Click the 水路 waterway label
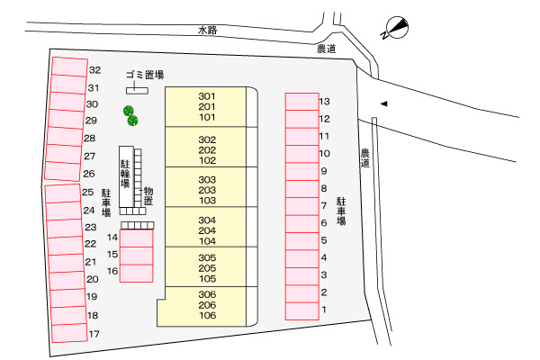210,30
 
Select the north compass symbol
394,29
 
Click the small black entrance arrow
383,103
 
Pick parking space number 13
302,101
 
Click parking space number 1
302,310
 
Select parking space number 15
136,255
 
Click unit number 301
207,95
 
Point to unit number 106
207,316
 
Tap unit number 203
207,191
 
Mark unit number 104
207,241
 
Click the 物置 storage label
148,196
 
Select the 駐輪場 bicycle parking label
125,171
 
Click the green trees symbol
130,114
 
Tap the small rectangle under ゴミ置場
137,89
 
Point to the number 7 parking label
323,205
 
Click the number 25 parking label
88,192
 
